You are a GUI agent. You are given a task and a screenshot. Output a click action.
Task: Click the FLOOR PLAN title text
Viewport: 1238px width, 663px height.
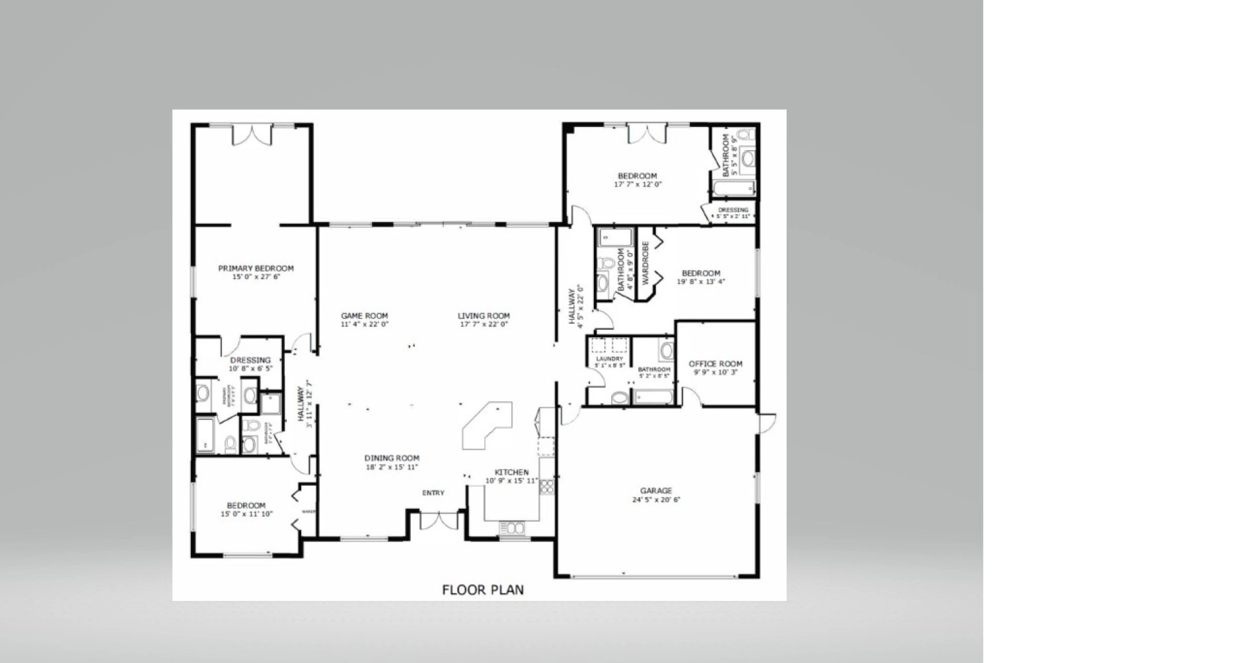(x=482, y=589)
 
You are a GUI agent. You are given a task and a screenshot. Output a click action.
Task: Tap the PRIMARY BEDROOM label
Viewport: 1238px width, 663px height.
(x=255, y=268)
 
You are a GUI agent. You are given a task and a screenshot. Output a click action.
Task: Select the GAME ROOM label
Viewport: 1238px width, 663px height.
(x=364, y=316)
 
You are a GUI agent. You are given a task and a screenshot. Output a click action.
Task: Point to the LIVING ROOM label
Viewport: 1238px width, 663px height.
(x=484, y=316)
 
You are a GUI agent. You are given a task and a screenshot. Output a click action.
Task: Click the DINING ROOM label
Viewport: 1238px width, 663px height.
(x=391, y=459)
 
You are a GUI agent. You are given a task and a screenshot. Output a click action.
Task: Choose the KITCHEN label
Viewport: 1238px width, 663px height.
(x=511, y=472)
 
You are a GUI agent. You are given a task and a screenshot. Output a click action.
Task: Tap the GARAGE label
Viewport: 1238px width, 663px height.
(x=656, y=491)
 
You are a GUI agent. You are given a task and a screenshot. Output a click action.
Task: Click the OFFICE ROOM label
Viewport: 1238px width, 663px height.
(x=715, y=364)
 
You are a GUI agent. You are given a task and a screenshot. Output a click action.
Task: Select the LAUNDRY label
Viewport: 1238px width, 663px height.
(x=609, y=359)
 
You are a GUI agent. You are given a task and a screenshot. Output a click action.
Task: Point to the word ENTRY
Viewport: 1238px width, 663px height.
(x=433, y=493)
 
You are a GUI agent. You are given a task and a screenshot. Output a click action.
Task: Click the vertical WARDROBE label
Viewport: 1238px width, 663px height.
(x=645, y=263)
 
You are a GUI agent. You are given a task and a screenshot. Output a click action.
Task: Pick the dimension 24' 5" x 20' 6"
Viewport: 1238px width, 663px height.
(x=656, y=500)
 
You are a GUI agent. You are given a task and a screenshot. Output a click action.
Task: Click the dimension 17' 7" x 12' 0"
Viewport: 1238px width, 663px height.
(x=637, y=184)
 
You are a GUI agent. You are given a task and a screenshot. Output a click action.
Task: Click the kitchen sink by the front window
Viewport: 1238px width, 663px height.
(x=511, y=528)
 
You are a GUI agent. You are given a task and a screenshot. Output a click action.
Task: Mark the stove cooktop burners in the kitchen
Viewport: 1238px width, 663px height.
(x=547, y=486)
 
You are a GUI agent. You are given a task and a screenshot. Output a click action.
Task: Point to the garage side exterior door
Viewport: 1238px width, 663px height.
(x=767, y=422)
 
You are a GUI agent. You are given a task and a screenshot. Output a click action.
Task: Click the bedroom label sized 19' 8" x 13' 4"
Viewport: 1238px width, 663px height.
(x=701, y=273)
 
